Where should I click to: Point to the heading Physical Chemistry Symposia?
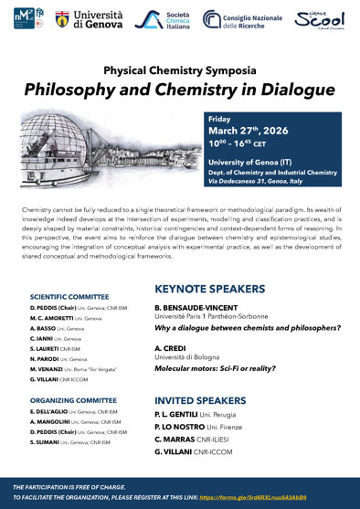[x=179, y=69]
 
